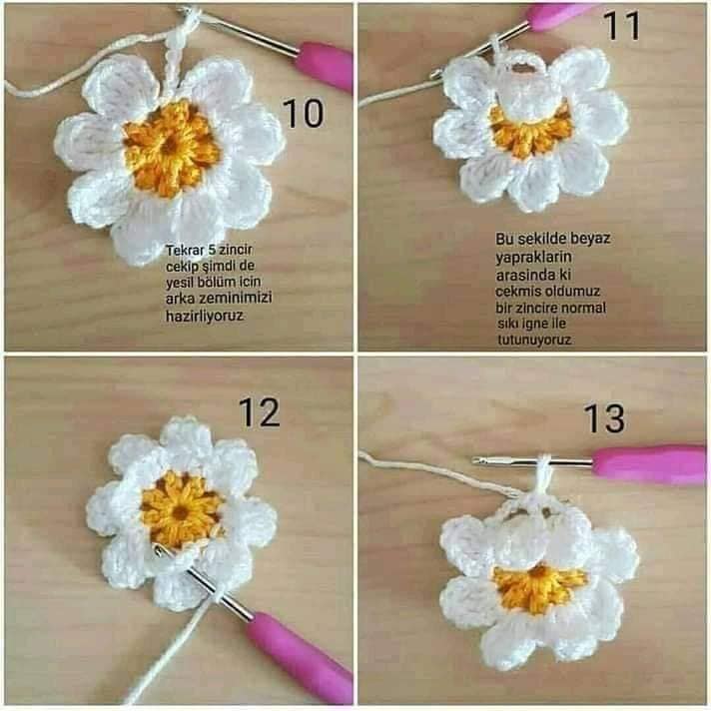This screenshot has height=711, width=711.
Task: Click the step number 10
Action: point(304,113)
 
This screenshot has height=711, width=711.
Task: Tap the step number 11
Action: point(622,26)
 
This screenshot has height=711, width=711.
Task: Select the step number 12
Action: point(259,412)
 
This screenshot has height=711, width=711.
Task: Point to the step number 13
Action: point(604,418)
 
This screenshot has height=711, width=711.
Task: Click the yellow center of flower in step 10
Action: point(172,148)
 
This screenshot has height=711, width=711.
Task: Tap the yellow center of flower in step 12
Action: point(183,509)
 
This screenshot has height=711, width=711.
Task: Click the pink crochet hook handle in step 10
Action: point(325,65)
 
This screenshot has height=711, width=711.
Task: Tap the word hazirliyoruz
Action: point(205,316)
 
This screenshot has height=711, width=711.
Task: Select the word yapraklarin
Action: point(533,258)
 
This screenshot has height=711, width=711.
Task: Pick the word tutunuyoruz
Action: point(534,340)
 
